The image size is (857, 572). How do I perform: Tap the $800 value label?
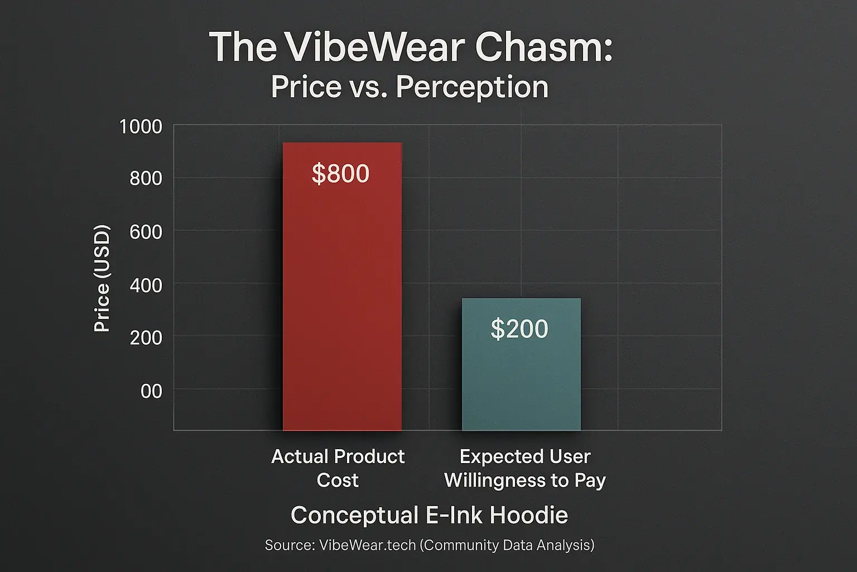[340, 174]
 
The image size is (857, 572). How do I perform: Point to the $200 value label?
[519, 329]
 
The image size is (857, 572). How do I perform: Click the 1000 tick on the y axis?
[141, 127]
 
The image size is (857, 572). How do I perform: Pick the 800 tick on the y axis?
[146, 179]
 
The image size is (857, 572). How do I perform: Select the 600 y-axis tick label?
[146, 232]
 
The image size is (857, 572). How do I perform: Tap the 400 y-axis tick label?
[146, 285]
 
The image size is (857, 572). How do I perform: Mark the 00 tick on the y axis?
[151, 391]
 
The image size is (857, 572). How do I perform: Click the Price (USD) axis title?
[102, 278]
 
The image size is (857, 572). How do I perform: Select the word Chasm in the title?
[544, 47]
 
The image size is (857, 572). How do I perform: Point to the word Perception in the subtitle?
[472, 87]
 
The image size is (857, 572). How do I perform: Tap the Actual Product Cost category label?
[338, 468]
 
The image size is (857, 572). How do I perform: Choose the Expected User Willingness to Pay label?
[524, 468]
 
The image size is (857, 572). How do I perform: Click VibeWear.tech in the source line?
[367, 545]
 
